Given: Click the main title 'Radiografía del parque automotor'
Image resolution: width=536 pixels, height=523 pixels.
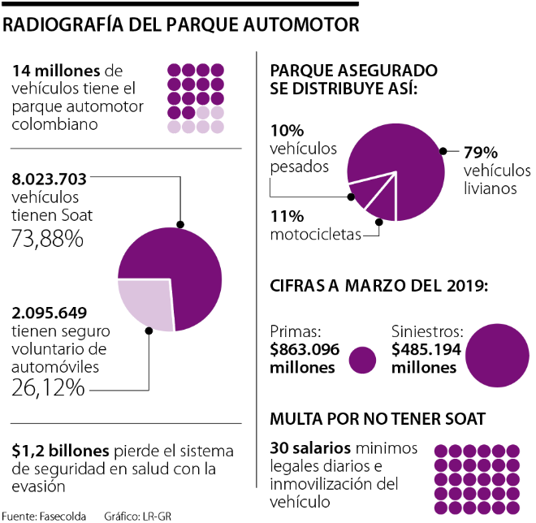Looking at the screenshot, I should coord(180,24).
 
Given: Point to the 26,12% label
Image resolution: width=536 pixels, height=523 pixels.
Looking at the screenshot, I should coord(48,387).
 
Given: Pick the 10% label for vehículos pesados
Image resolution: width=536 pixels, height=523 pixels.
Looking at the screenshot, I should coord(287,131).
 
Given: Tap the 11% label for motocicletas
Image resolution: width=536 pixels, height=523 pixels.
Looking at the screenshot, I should coord(287,217).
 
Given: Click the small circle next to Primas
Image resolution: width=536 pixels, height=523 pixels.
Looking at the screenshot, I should coord(361,361).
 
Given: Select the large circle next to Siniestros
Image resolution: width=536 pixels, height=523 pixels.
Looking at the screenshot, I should coord(498,356).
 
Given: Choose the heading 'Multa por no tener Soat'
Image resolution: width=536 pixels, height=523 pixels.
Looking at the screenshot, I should coord(378,419).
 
